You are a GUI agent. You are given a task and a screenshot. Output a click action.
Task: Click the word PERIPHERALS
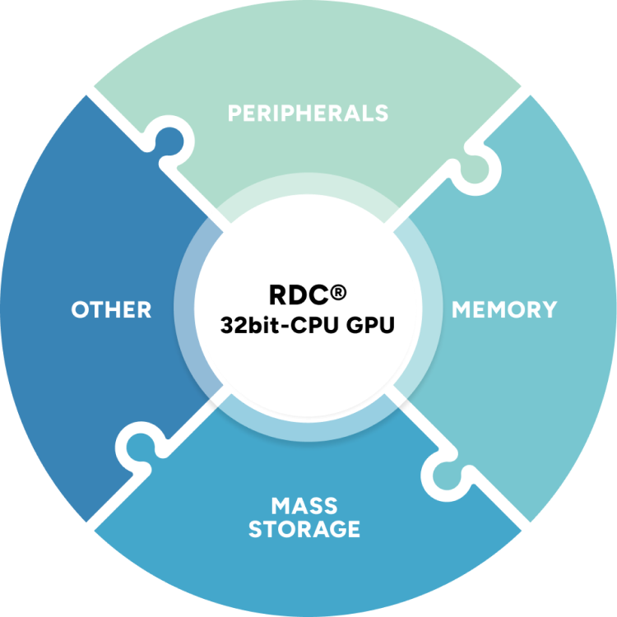[308, 113]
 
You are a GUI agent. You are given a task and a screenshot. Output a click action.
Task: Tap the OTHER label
[111, 310]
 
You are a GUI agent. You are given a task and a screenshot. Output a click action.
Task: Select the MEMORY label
[504, 310]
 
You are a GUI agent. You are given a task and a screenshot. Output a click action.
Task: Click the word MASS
[304, 504]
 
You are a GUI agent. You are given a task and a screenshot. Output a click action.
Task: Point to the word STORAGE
[304, 529]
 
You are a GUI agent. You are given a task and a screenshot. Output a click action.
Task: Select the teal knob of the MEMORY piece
[449, 475]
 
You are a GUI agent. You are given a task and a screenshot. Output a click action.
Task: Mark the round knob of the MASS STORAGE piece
[142, 449]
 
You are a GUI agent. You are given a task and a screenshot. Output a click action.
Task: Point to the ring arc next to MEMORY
[429, 310]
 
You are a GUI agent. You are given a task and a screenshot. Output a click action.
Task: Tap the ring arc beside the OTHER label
[188, 310]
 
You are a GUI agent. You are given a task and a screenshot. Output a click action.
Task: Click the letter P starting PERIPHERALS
[235, 113]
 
